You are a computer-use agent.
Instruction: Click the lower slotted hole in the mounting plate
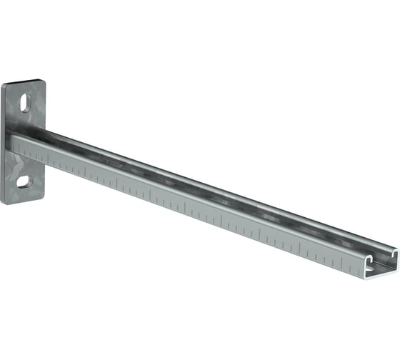click(24, 181)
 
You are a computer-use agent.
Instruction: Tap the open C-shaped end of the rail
click(379, 265)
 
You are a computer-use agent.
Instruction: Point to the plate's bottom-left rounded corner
click(5, 201)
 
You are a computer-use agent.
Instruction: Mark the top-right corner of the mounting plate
click(43, 82)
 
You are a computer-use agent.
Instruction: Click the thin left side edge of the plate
click(2, 143)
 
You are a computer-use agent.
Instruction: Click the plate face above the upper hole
click(26, 89)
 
